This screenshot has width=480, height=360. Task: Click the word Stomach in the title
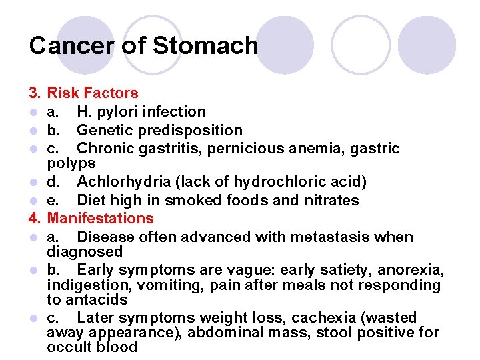(x=205, y=45)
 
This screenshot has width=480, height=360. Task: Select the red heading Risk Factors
(x=93, y=93)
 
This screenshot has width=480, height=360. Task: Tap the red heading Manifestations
(x=100, y=218)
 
